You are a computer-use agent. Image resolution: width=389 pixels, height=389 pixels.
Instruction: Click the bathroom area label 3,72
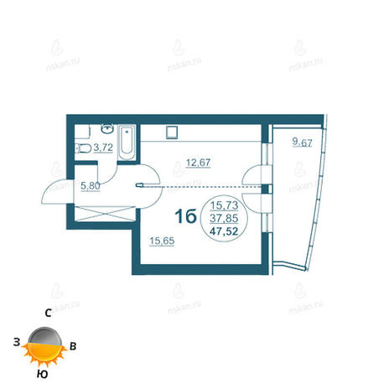coord(103,148)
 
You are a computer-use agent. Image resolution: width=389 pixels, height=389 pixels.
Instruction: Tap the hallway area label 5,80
coord(91,186)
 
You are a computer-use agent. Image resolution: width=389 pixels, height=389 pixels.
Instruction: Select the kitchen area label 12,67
coord(198,163)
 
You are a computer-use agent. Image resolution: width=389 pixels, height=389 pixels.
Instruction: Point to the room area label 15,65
coord(162,241)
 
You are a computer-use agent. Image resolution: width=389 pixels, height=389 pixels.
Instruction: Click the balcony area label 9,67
coord(302,143)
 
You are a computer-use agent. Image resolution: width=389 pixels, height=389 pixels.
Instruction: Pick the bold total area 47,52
coord(224,231)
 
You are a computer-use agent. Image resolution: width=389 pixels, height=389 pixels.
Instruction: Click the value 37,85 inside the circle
coord(224,218)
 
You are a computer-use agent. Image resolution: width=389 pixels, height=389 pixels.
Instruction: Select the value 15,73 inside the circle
coord(224,205)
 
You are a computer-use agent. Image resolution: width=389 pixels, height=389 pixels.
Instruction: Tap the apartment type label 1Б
coord(185,216)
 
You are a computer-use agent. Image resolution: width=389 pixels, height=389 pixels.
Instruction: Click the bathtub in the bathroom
coord(127,143)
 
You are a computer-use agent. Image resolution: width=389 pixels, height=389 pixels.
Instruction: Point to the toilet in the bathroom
coord(83,148)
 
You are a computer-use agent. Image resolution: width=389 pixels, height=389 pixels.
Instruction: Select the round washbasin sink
coord(107,129)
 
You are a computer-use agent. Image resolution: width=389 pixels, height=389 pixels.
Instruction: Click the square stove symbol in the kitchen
coord(172,132)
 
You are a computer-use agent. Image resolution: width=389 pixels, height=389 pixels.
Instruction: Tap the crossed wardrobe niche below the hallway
coord(105,214)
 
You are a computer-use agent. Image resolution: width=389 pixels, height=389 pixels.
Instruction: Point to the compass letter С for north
coord(48,314)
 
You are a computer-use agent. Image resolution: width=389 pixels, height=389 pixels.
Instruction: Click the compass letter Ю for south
coord(42,375)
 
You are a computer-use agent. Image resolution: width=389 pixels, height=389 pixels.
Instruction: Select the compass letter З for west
coord(17,342)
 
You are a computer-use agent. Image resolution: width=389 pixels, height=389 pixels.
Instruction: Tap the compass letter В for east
coord(73,346)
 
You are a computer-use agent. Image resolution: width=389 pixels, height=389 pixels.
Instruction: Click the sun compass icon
coord(44,346)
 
